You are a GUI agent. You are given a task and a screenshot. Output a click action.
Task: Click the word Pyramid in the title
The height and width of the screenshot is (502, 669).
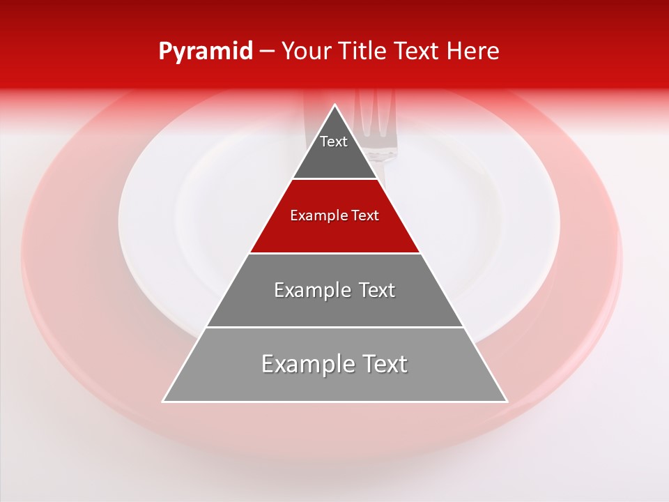pyautogui.click(x=206, y=52)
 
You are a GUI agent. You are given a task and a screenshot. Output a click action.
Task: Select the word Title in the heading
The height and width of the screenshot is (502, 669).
pyautogui.click(x=364, y=52)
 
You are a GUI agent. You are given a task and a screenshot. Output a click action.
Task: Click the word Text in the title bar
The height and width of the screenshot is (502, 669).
pyautogui.click(x=416, y=52)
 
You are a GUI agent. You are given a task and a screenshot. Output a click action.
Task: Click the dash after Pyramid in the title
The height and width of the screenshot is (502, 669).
pyautogui.click(x=267, y=52)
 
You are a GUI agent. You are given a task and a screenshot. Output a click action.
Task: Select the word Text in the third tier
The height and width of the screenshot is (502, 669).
pyautogui.click(x=377, y=290)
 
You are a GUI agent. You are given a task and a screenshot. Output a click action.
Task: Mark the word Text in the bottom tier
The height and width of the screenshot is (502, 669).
pyautogui.click(x=383, y=364)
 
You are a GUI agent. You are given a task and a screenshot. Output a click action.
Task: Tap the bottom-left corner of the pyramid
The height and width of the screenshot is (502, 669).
pyautogui.click(x=164, y=401)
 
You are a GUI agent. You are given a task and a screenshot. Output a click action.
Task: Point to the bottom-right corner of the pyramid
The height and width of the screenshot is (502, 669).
pyautogui.click(x=507, y=401)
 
